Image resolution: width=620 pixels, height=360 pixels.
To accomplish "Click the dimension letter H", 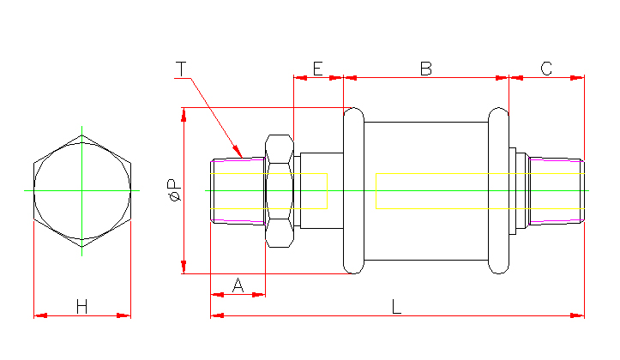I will [82, 306].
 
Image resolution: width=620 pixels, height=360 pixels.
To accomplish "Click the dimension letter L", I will [396, 306].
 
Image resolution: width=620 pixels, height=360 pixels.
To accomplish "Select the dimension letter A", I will [238, 285].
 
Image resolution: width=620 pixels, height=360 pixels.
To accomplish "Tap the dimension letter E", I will [317, 68].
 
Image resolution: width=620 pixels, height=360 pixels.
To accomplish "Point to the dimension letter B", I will [425, 68].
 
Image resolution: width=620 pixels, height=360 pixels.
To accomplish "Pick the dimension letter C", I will [546, 68].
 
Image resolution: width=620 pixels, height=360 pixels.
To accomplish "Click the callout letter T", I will [181, 68].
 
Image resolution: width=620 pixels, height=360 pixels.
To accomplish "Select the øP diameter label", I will [173, 189].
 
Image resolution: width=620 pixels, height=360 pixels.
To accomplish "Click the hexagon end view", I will [82, 190].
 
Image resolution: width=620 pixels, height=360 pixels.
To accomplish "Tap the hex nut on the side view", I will [280, 190].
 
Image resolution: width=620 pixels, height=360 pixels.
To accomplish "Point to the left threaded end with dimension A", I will [238, 190].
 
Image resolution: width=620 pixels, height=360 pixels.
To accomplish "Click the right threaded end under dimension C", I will [556, 190].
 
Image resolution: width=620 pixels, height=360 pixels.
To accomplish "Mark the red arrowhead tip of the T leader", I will [243, 158].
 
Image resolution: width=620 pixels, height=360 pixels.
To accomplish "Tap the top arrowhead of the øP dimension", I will [183, 111].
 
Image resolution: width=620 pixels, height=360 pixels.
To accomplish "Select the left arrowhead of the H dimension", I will [36, 315].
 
